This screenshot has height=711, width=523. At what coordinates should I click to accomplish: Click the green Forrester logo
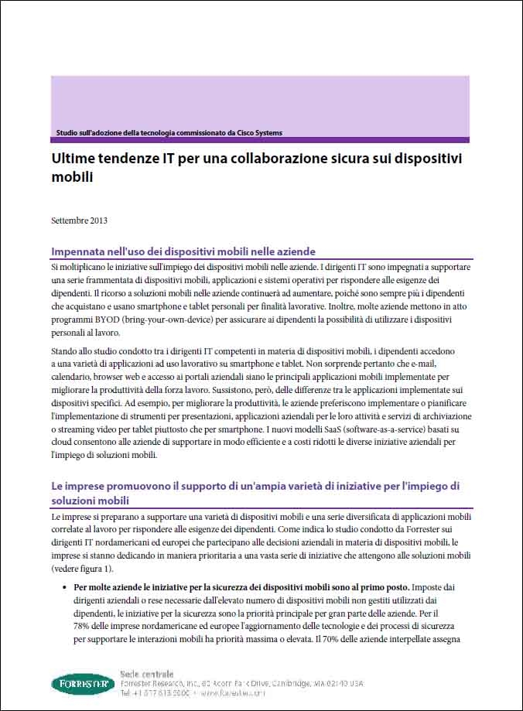pyautogui.click(x=84, y=684)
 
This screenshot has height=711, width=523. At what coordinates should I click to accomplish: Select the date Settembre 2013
pyautogui.click(x=79, y=220)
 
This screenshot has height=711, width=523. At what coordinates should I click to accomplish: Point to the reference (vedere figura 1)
pyautogui.click(x=85, y=567)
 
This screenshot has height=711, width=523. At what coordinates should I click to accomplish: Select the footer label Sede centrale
pyautogui.click(x=147, y=674)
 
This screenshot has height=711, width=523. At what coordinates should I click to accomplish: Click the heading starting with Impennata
pyautogui.click(x=183, y=251)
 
